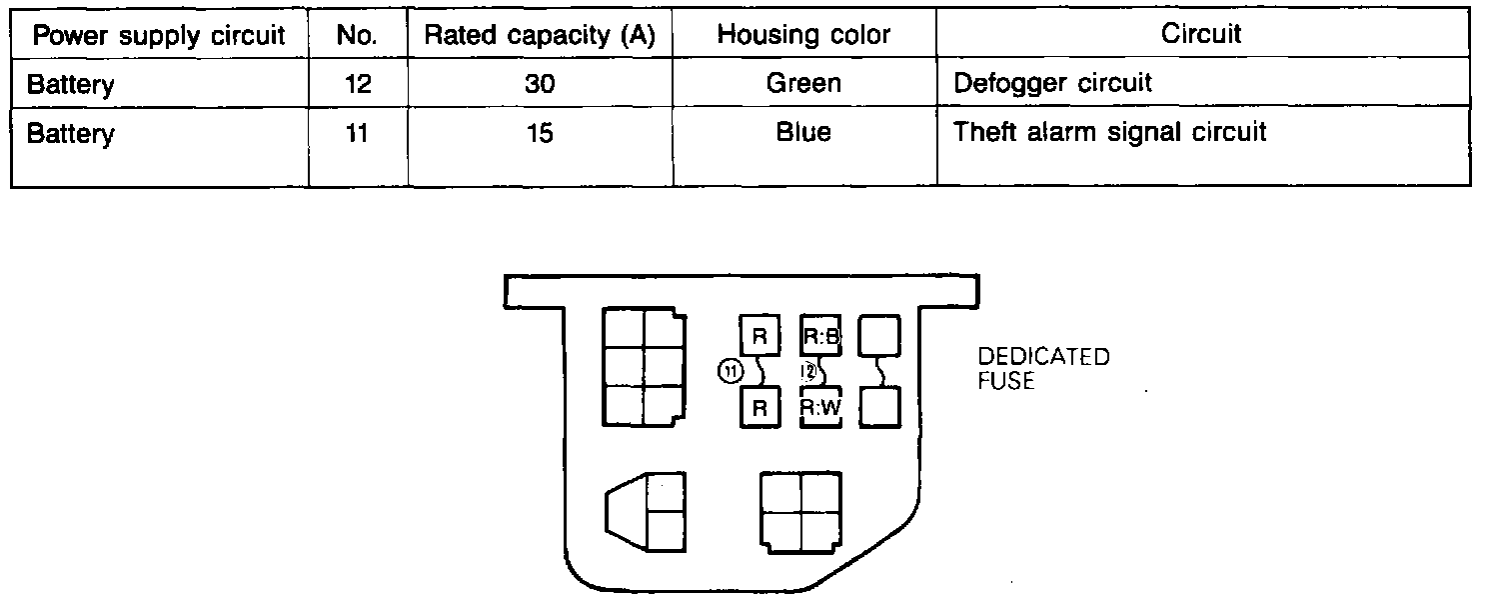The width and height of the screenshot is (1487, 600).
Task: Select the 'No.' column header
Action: pyautogui.click(x=357, y=36)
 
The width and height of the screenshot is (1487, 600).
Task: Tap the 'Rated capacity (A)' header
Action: pyautogui.click(x=540, y=36)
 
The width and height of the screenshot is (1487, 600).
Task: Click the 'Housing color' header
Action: pyautogui.click(x=803, y=36)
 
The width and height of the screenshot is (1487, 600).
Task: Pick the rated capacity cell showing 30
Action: pyautogui.click(x=540, y=84)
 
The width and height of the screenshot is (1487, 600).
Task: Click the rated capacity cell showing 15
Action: pyautogui.click(x=540, y=132)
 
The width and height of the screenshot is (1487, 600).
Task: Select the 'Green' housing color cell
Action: pyautogui.click(x=803, y=84)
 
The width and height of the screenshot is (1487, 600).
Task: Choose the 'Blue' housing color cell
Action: pyautogui.click(x=803, y=132)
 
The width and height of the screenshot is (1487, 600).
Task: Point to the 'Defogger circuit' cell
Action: pyautogui.click(x=1052, y=83)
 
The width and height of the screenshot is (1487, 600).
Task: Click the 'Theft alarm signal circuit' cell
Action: pyautogui.click(x=1110, y=132)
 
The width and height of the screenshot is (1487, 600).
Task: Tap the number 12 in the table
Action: pyautogui.click(x=357, y=84)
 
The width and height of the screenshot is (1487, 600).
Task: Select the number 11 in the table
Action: pyautogui.click(x=357, y=132)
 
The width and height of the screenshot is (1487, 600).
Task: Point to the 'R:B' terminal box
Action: pyautogui.click(x=822, y=336)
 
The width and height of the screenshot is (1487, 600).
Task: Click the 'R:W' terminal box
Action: pyautogui.click(x=822, y=408)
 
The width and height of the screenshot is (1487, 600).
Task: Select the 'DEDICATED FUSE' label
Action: pyautogui.click(x=1043, y=369)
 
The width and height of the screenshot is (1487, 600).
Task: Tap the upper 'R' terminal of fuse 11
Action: pyautogui.click(x=759, y=336)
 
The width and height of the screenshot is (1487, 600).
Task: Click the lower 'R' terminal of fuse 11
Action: pyautogui.click(x=759, y=408)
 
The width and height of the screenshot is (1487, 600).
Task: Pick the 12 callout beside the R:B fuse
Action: pyautogui.click(x=809, y=372)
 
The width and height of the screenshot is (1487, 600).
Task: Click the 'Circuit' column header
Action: pyautogui.click(x=1201, y=34)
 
